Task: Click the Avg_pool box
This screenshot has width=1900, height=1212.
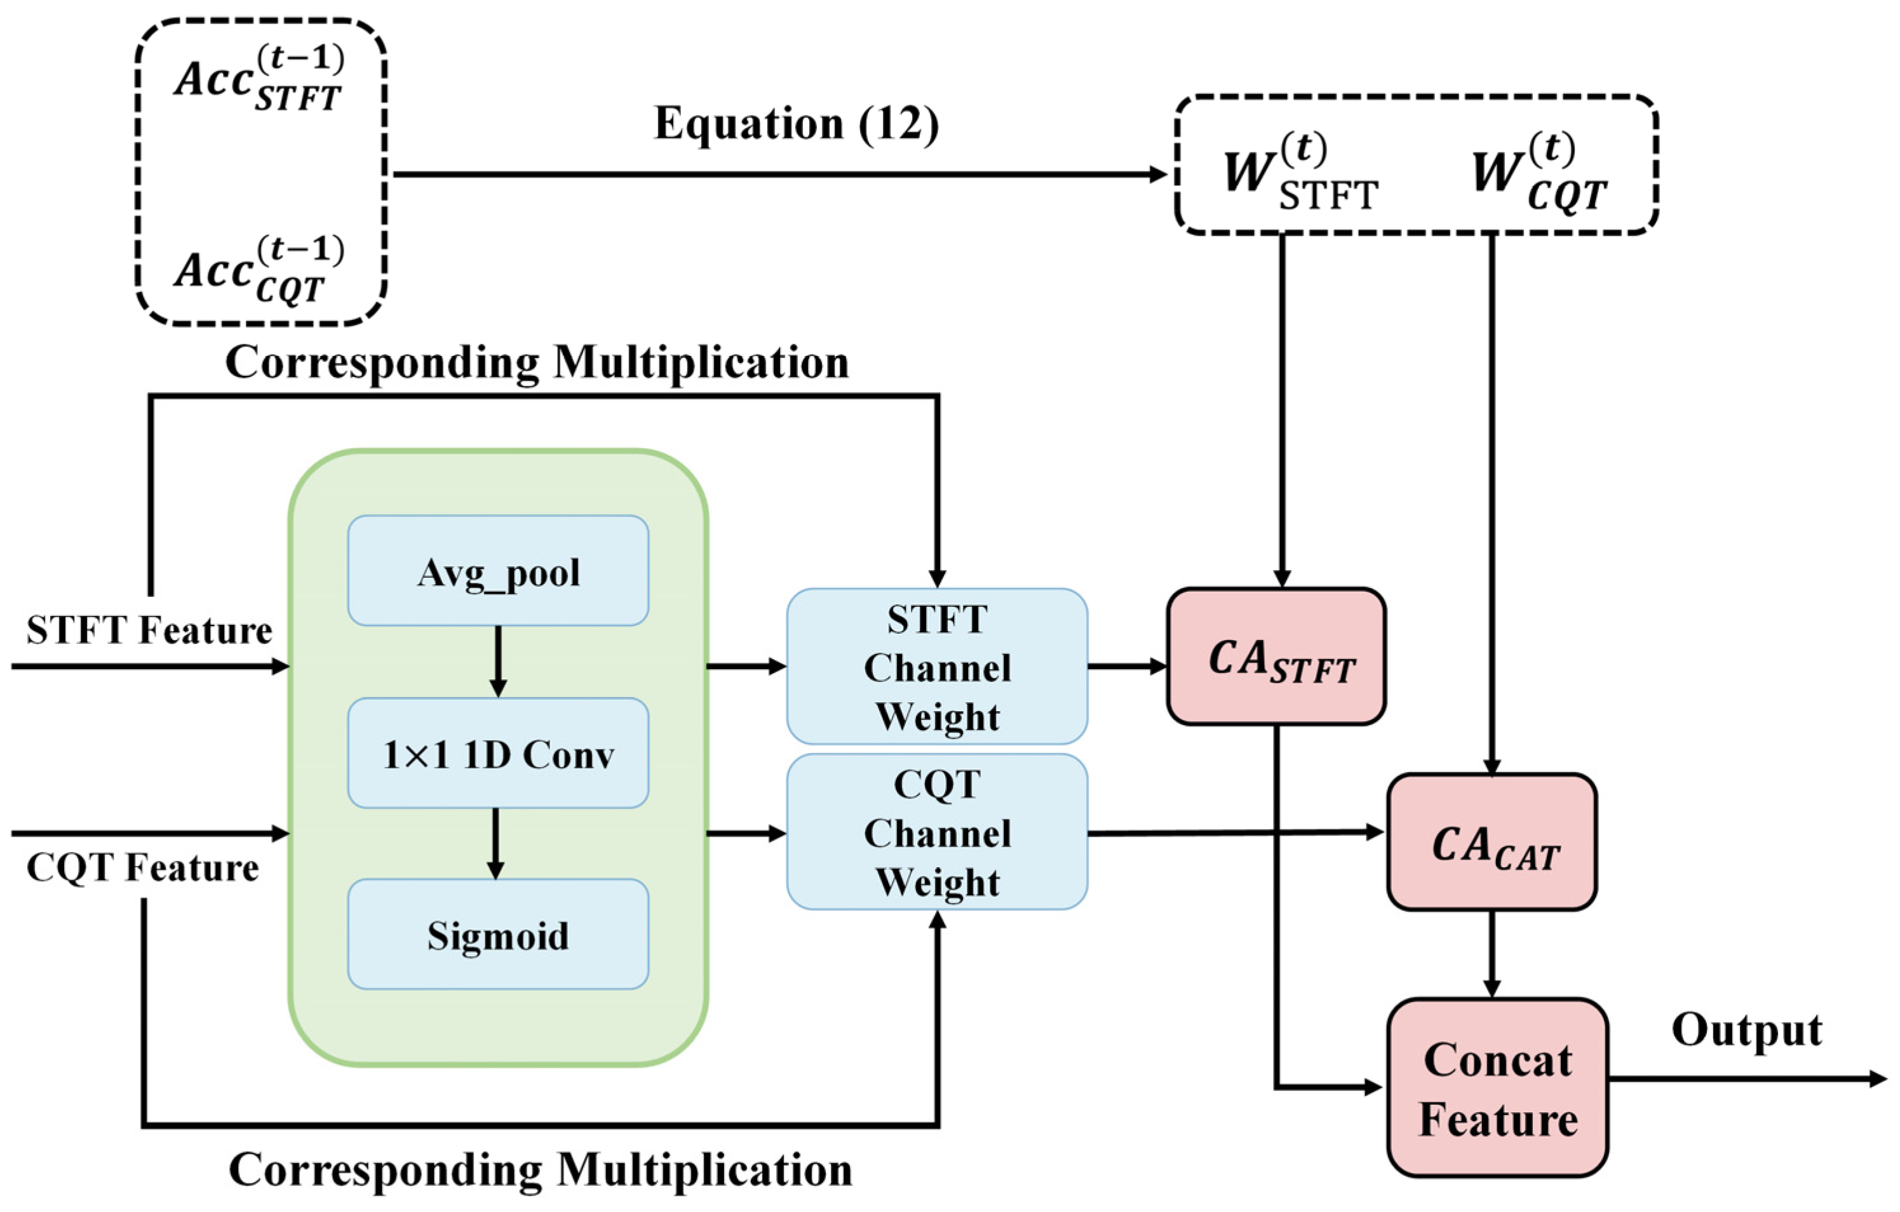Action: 498,571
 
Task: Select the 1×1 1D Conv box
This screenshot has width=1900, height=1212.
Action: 498,753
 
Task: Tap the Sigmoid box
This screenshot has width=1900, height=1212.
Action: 498,935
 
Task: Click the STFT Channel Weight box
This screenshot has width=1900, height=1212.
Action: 938,667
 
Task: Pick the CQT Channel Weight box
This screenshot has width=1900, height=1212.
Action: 938,832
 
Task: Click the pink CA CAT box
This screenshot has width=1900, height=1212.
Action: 1492,842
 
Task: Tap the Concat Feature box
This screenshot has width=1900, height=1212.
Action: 1498,1088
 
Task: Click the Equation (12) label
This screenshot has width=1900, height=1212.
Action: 797,124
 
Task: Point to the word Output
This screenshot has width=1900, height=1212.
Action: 1747,1029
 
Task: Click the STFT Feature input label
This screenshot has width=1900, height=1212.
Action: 149,630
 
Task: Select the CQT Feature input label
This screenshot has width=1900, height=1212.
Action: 143,868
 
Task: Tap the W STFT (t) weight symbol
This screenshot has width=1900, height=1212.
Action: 1300,173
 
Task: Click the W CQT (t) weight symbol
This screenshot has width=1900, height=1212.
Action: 1539,173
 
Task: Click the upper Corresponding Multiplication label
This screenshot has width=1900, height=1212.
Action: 537,363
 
